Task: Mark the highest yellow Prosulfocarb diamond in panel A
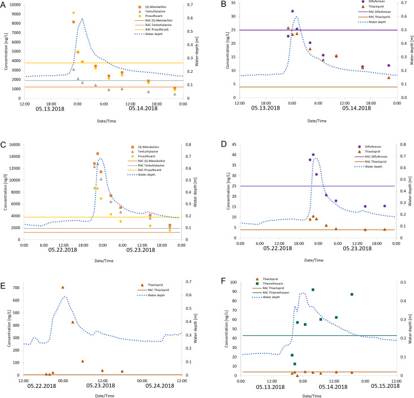pos(73,12)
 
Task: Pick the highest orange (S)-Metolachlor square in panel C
pos(98,154)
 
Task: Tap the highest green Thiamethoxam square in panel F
pos(313,290)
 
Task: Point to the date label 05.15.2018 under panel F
pos(380,386)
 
